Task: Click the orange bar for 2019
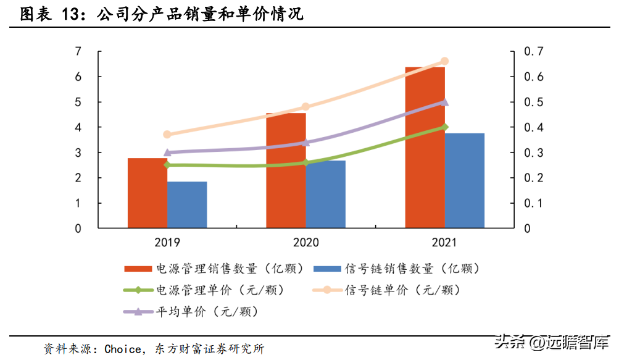click(x=147, y=195)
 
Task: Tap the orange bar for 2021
click(x=425, y=148)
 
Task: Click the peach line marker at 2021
click(x=444, y=61)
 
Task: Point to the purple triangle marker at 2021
click(x=444, y=102)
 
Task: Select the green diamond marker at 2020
click(x=306, y=162)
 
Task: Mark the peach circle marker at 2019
click(x=167, y=134)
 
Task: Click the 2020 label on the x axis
click(x=306, y=241)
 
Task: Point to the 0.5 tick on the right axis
click(x=534, y=102)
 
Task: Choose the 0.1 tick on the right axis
click(x=534, y=203)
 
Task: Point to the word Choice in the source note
click(x=122, y=349)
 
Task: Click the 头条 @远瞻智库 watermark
click(x=552, y=340)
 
